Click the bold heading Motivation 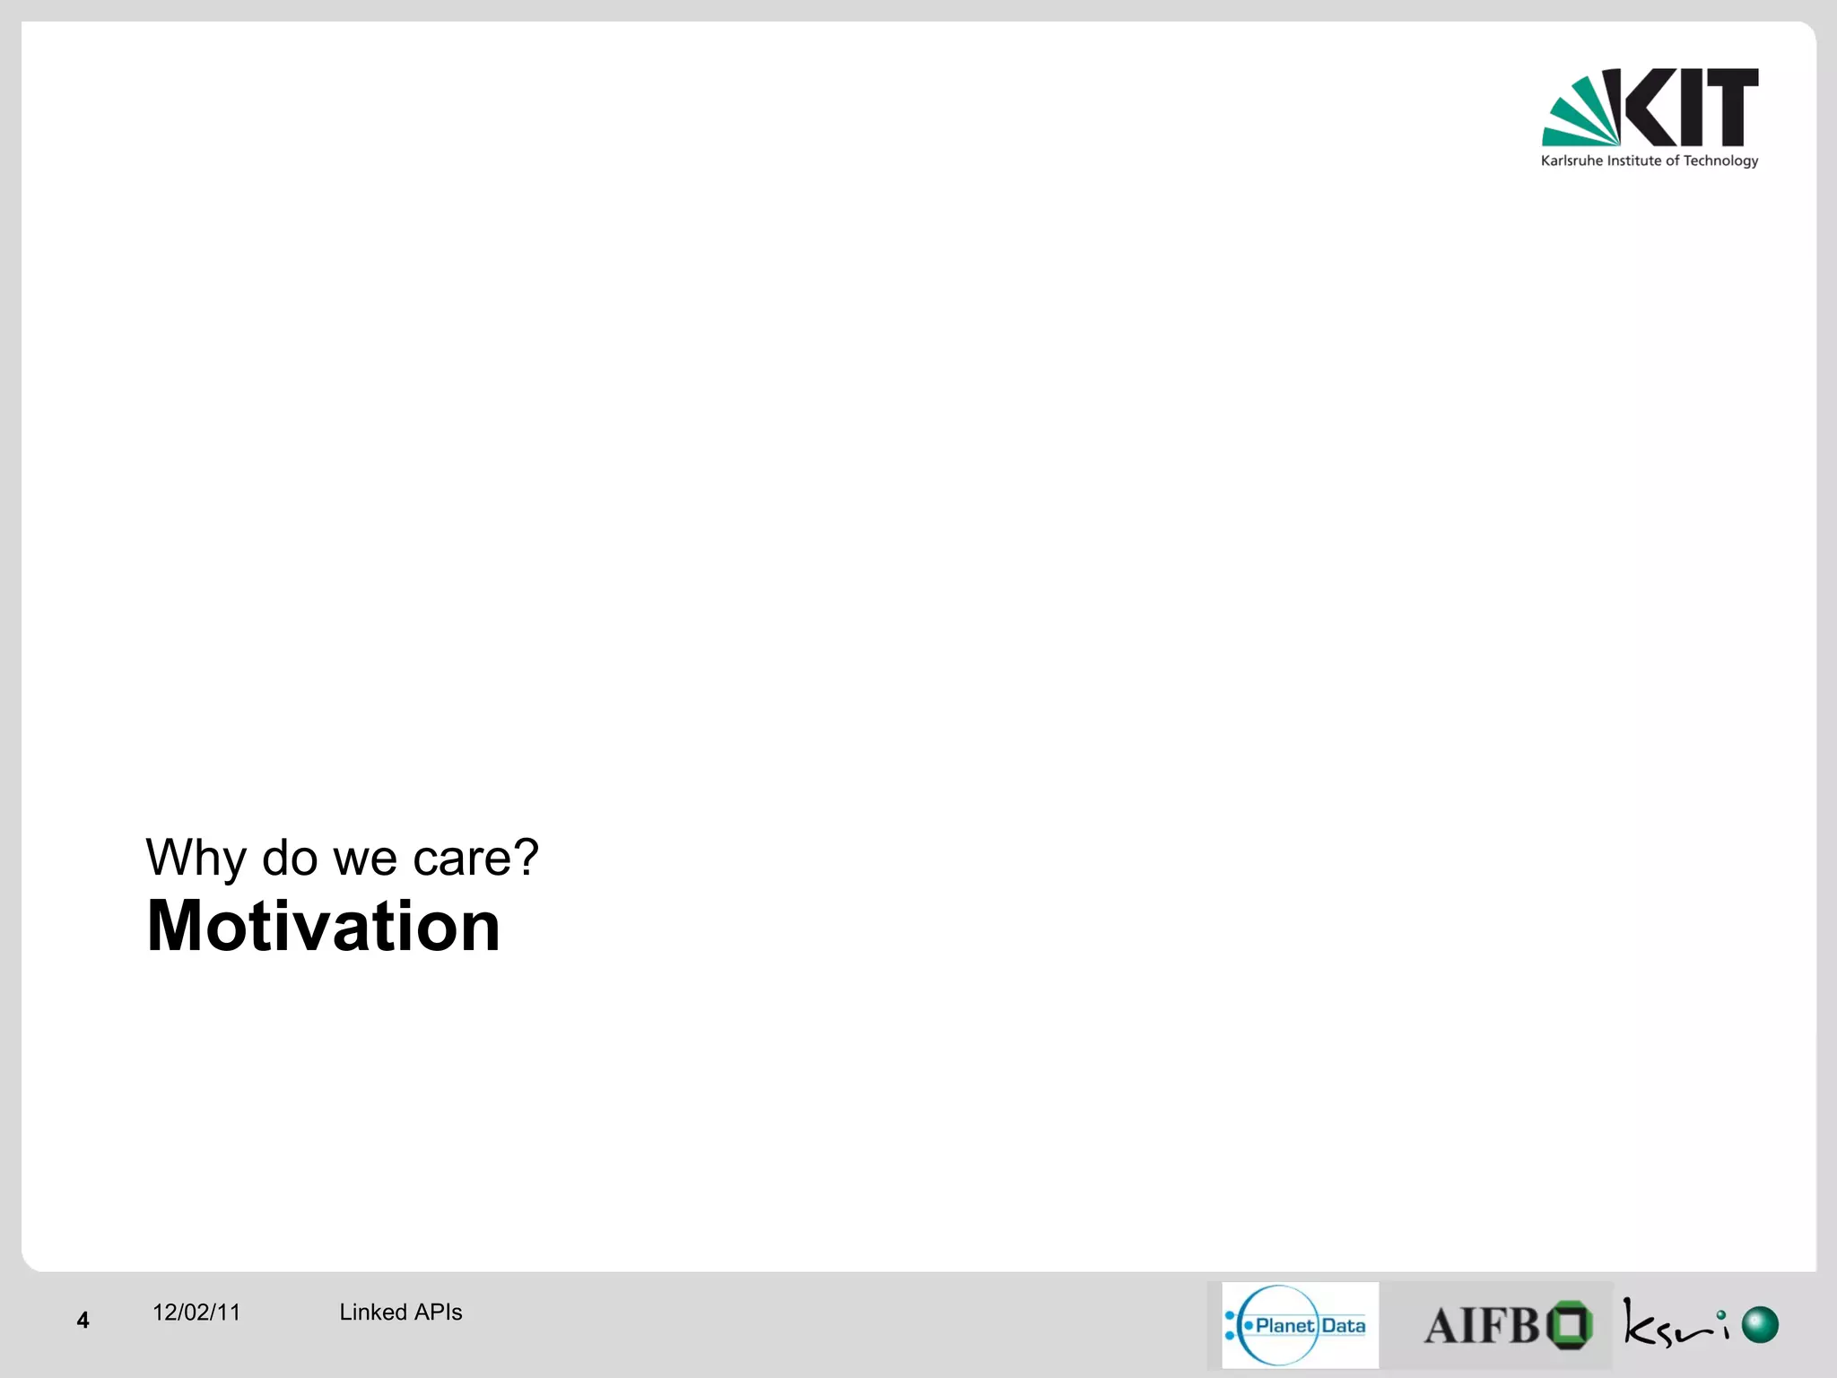[323, 926]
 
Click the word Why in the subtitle [196, 858]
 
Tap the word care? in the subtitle [475, 858]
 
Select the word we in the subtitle [365, 859]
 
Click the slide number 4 [83, 1320]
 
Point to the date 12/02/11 [196, 1313]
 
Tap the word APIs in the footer [439, 1313]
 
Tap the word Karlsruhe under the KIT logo [1571, 161]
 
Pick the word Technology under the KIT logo [1720, 161]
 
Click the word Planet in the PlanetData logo [1284, 1325]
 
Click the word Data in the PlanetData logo [1343, 1325]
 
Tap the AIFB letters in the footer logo [1482, 1326]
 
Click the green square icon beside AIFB [1570, 1324]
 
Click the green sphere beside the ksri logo [1760, 1324]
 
